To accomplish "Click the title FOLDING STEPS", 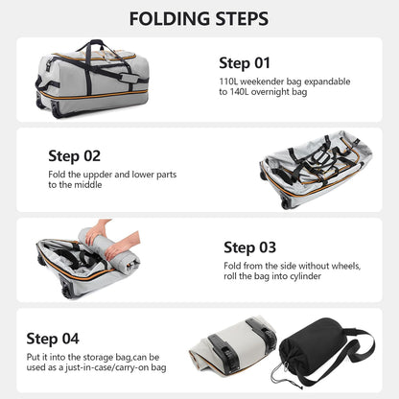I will pyautogui.click(x=199, y=18).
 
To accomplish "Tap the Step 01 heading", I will pyautogui.click(x=245, y=63).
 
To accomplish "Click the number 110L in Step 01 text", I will pyautogui.click(x=229, y=82).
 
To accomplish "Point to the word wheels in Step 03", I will pyautogui.click(x=335, y=267).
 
